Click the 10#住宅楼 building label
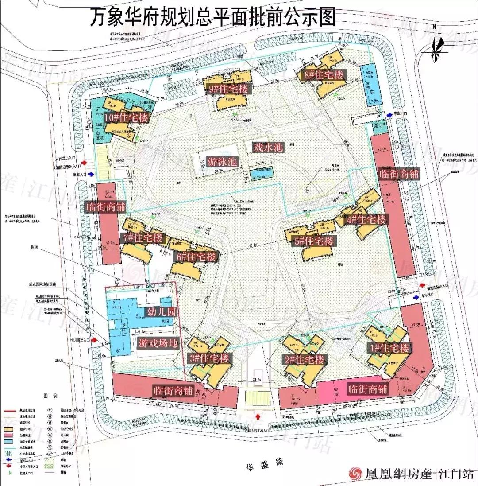[x=126, y=118]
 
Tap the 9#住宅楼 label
[x=229, y=89]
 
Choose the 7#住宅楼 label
[x=144, y=238]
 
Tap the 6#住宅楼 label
[x=198, y=257]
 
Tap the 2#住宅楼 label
[x=305, y=359]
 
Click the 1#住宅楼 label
[x=389, y=348]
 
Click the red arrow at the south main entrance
[x=258, y=416]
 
